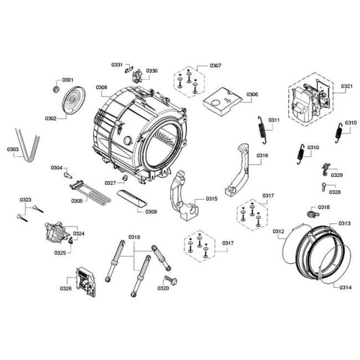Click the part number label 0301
[68, 80]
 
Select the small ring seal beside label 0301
[56, 89]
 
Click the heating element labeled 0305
[90, 193]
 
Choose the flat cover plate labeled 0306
[223, 101]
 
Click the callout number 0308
[101, 88]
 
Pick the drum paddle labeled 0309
[132, 198]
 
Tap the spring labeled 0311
[262, 130]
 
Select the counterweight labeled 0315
[183, 196]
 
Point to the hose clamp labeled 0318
[313, 214]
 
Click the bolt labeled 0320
[171, 280]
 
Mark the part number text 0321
[347, 86]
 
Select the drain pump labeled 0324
[57, 233]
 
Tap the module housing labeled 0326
[85, 282]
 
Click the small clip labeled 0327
[125, 177]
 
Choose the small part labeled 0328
[324, 187]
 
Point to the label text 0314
[346, 287]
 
